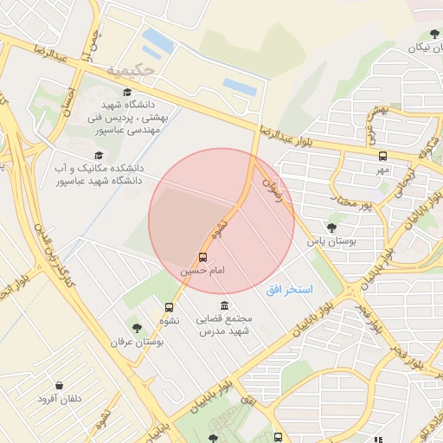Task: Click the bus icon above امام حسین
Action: [202, 257]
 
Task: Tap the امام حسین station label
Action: [202, 271]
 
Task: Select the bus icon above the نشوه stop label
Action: [169, 306]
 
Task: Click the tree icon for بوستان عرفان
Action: [137, 328]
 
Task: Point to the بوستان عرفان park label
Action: [137, 342]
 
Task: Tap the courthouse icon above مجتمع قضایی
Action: [225, 305]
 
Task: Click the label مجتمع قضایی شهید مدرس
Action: [225, 325]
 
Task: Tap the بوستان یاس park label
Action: [332, 241]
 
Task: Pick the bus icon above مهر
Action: [382, 156]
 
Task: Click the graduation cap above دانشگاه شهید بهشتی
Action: [127, 92]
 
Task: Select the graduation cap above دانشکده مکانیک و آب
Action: [99, 154]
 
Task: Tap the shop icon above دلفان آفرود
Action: [58, 385]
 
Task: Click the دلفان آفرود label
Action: [58, 399]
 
